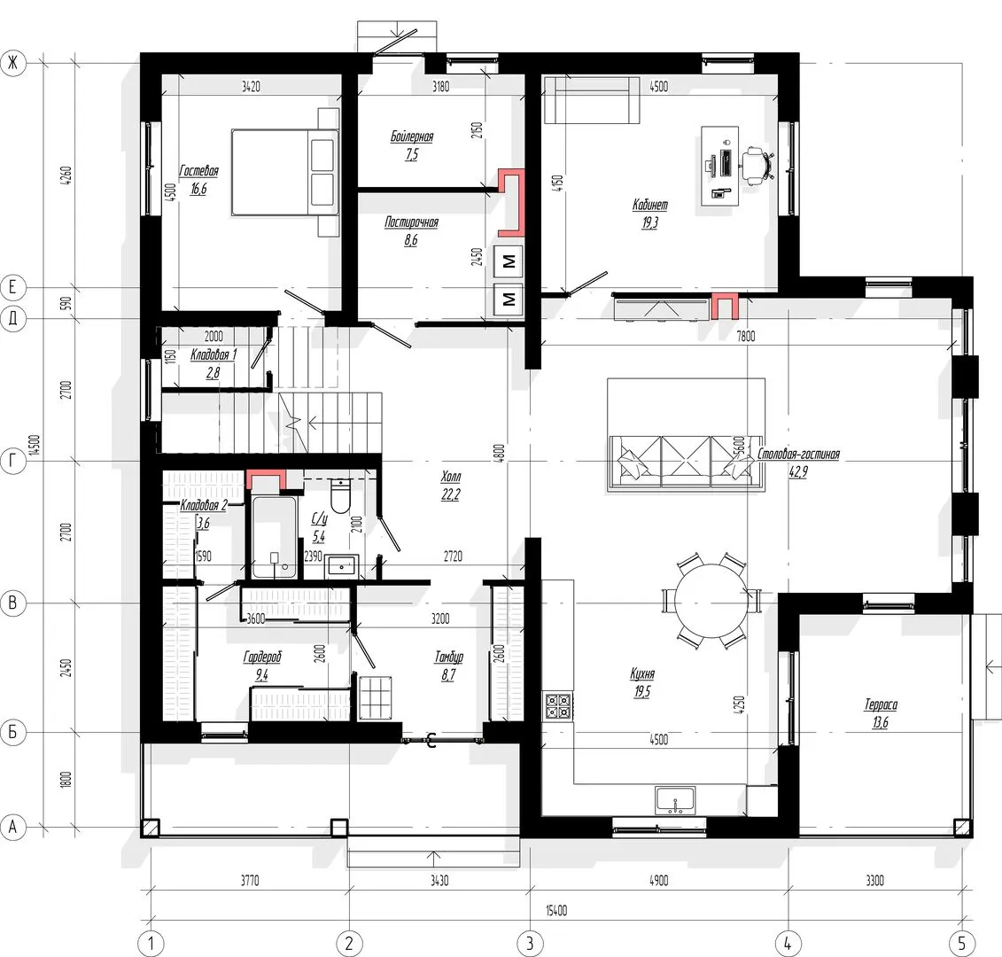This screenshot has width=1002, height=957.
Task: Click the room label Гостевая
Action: (198, 171)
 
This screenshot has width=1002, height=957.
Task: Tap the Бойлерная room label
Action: (412, 136)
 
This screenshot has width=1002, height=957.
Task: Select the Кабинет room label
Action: (650, 205)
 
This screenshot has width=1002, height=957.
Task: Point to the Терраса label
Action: (881, 704)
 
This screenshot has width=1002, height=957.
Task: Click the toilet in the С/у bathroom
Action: (340, 494)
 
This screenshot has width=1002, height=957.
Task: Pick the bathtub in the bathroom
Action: (275, 537)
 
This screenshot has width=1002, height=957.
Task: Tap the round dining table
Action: (711, 601)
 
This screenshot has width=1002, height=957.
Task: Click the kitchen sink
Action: (675, 801)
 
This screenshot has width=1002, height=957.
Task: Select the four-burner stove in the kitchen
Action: (558, 706)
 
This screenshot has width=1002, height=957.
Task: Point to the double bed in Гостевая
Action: (285, 173)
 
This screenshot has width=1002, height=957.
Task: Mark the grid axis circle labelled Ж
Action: (12, 63)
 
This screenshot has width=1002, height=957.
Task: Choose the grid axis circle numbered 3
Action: (530, 942)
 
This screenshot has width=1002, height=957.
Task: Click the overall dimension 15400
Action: (556, 910)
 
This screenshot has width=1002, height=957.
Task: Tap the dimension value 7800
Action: (746, 336)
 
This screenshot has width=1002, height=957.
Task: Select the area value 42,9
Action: (798, 471)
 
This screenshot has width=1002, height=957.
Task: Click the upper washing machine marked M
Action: (509, 261)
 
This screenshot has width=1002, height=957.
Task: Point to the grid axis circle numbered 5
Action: (962, 942)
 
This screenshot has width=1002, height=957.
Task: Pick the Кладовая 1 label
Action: (214, 354)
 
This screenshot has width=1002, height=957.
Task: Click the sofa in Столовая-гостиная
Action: (686, 463)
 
